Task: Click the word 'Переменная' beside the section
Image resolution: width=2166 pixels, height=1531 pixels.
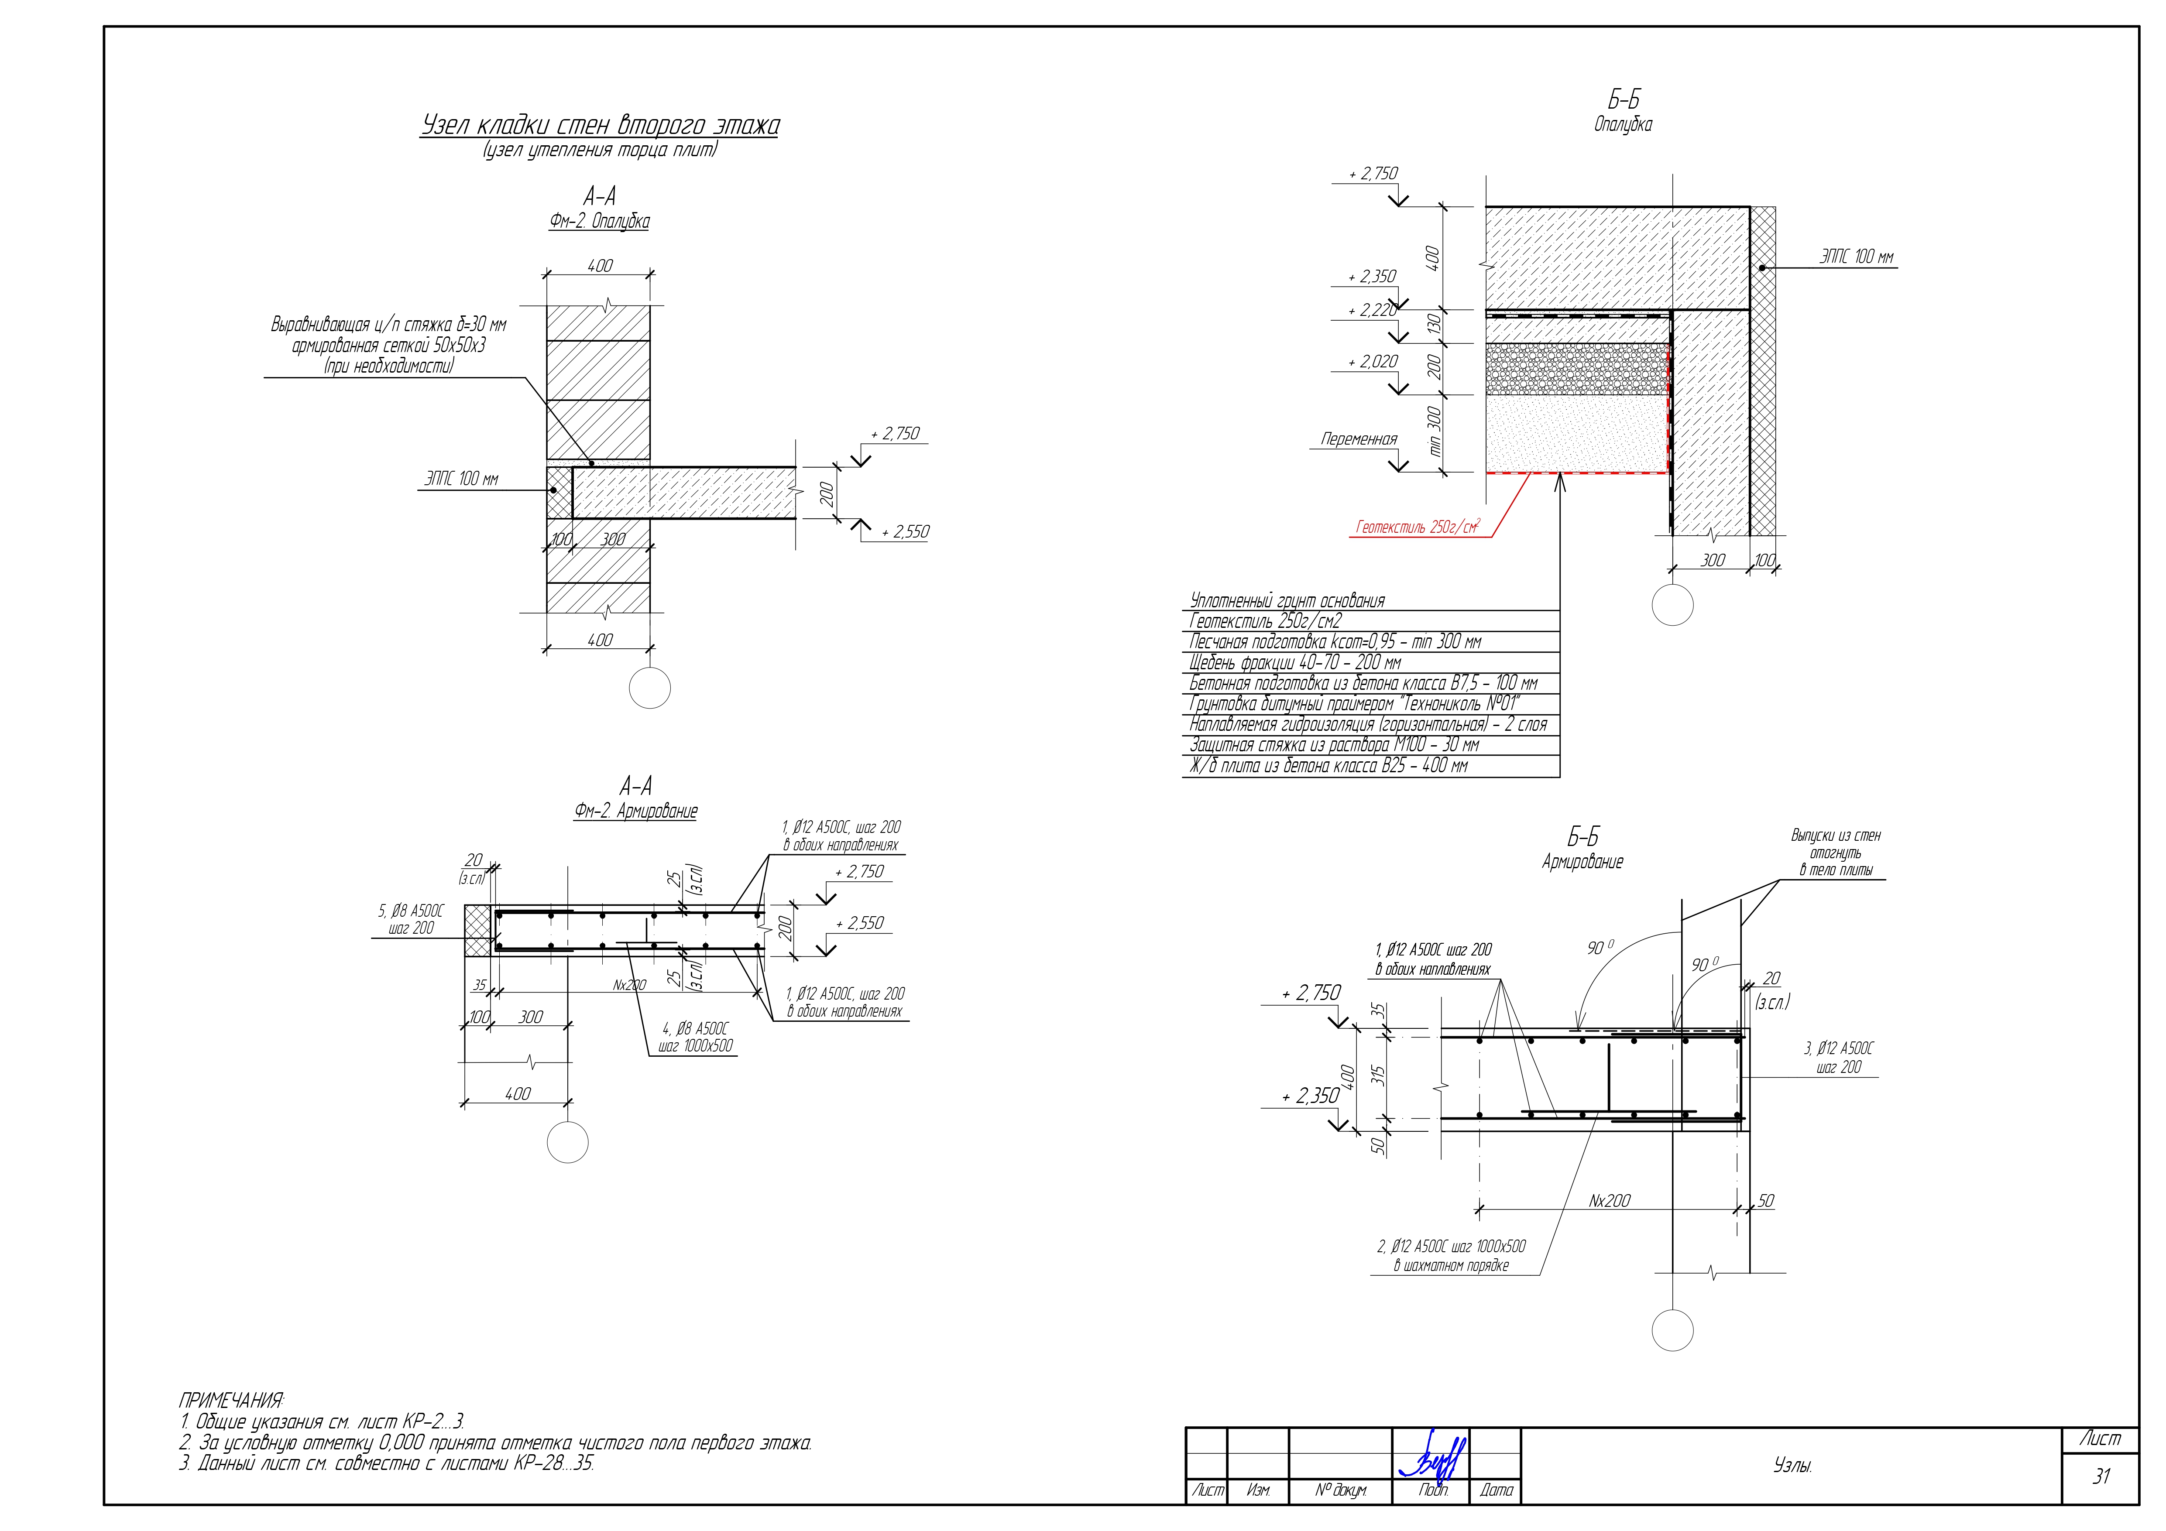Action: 1359,438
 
